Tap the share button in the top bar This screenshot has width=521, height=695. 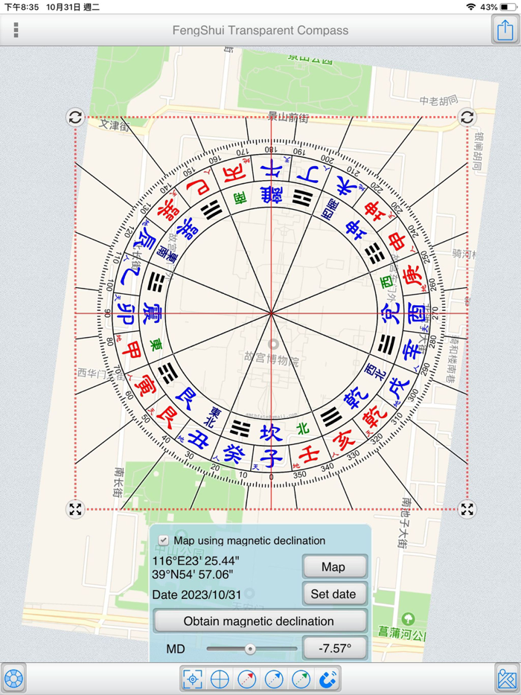[505, 31]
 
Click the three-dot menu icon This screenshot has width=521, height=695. [16, 31]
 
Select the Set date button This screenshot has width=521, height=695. [334, 594]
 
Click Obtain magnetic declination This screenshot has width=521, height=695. [259, 621]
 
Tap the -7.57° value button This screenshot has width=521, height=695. [334, 648]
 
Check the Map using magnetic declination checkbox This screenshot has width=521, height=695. [164, 541]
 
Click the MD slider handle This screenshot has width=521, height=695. [250, 649]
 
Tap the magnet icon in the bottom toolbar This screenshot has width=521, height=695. [327, 679]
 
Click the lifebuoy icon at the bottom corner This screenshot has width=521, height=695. [13, 679]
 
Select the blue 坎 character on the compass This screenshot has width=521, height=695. [271, 432]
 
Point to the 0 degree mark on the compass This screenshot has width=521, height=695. [271, 477]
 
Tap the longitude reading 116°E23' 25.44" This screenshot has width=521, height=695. [196, 560]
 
